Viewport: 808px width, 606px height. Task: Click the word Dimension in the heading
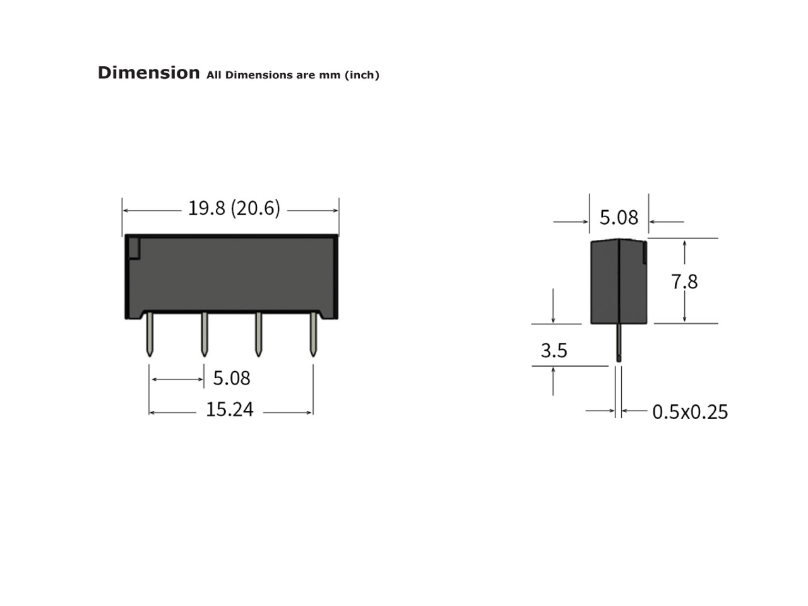[x=148, y=73]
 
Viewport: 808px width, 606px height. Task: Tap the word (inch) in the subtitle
[x=362, y=75]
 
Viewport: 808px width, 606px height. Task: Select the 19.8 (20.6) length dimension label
[x=234, y=208]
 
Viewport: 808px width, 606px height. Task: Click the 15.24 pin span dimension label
[x=230, y=410]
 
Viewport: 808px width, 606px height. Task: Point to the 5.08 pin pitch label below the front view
[x=232, y=378]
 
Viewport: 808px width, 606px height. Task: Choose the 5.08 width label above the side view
[x=619, y=217]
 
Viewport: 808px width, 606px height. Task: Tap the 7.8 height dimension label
[x=684, y=282]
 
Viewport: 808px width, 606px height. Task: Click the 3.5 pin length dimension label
[x=554, y=350]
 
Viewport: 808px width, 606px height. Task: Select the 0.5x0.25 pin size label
[x=690, y=412]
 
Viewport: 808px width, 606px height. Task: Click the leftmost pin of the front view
[x=150, y=334]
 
